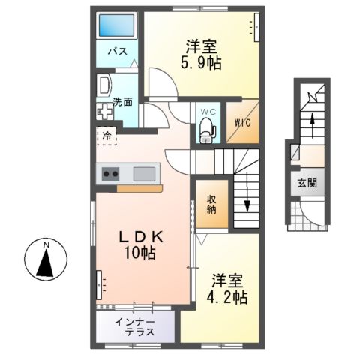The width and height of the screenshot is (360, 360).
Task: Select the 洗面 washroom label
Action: [123, 101]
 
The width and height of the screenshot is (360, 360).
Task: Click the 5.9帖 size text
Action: [199, 64]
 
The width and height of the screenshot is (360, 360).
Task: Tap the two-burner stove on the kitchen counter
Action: [110, 174]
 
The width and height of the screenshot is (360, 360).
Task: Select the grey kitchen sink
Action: [145, 174]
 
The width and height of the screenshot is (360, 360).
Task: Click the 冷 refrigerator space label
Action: [107, 136]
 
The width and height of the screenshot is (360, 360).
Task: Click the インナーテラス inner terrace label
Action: [135, 326]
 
